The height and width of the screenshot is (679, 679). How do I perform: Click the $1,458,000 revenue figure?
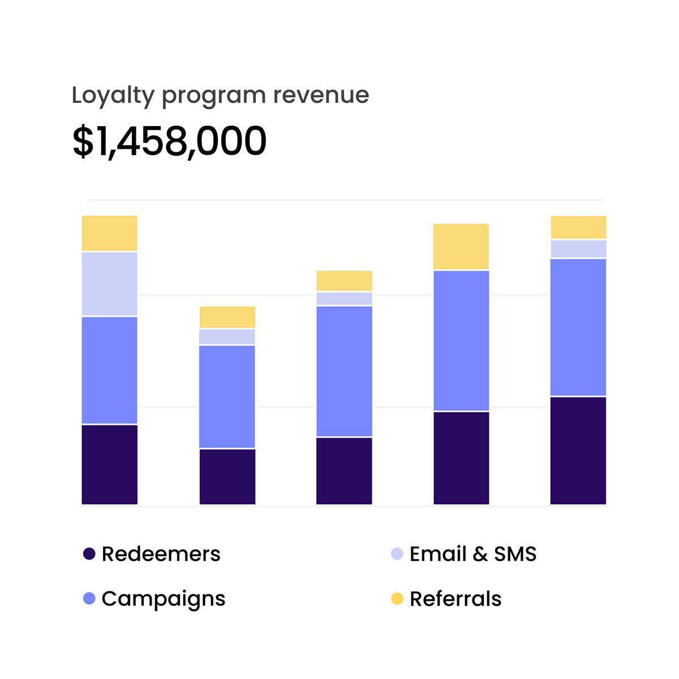pos(169,141)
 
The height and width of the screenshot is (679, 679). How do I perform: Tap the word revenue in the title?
pos(321,95)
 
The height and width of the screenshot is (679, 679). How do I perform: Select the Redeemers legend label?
pos(161,554)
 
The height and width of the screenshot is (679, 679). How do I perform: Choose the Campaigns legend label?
pos(163,599)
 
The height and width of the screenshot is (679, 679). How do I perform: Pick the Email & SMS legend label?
pos(472,554)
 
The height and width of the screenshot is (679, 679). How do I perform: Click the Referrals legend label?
pos(455,599)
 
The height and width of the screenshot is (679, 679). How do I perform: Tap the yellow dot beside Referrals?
pos(397,599)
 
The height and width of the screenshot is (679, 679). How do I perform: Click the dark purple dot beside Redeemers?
pos(89,554)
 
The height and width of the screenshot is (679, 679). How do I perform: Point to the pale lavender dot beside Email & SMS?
pos(397,554)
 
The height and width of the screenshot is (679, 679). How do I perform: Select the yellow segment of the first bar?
pos(110,233)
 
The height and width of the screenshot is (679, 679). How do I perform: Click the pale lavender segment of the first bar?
pos(110,284)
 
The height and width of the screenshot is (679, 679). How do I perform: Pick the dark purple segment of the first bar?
pos(110,464)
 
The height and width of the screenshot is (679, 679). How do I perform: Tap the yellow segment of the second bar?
pos(227,317)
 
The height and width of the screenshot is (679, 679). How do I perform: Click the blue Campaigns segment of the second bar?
pos(227,396)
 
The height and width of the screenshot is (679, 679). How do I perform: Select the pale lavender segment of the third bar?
pos(344,299)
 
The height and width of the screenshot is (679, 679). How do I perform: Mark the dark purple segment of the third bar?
pos(344,471)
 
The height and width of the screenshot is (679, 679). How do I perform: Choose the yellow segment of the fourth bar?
pos(461,247)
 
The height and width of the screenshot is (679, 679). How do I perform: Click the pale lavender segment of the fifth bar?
pos(578,249)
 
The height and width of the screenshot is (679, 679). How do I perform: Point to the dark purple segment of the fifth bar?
pos(578,450)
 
